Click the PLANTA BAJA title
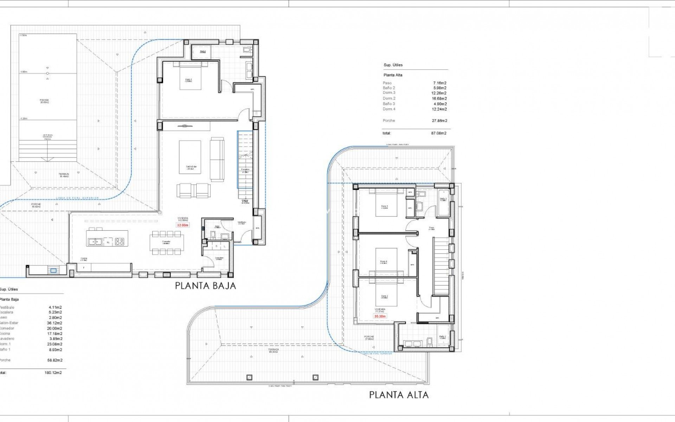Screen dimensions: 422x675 [x=206, y=286]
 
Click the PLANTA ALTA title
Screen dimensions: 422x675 [x=399, y=395]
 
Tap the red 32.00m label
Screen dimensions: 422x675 [x=182, y=225]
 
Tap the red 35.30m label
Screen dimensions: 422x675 [x=380, y=316]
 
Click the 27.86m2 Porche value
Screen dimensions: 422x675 [x=439, y=121]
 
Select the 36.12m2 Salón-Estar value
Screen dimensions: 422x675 [x=54, y=323]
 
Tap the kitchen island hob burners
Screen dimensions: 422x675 [x=120, y=242]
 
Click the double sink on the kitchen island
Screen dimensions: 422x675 [x=95, y=242]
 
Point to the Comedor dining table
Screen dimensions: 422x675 [x=166, y=242]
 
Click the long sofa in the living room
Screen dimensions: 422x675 [x=217, y=160]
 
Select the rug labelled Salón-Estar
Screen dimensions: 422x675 [x=190, y=157]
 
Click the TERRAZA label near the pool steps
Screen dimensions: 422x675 [x=64, y=175]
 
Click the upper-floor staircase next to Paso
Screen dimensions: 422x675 [x=441, y=266]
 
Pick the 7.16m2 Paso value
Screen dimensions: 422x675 [x=440, y=83]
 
